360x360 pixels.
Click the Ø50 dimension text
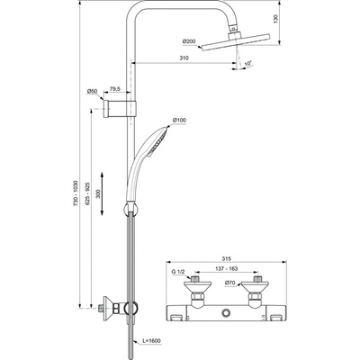pos(94,92)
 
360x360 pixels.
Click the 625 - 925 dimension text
pos(87,191)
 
